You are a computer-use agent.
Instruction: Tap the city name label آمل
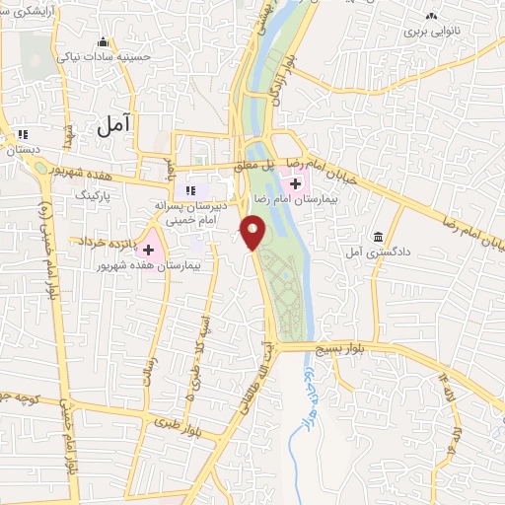[x=117, y=125]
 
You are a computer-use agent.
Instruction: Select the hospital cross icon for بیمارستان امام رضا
[x=295, y=183]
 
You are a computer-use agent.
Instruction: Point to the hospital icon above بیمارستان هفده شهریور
[x=149, y=224]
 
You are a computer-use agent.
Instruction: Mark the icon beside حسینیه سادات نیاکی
[x=104, y=41]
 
